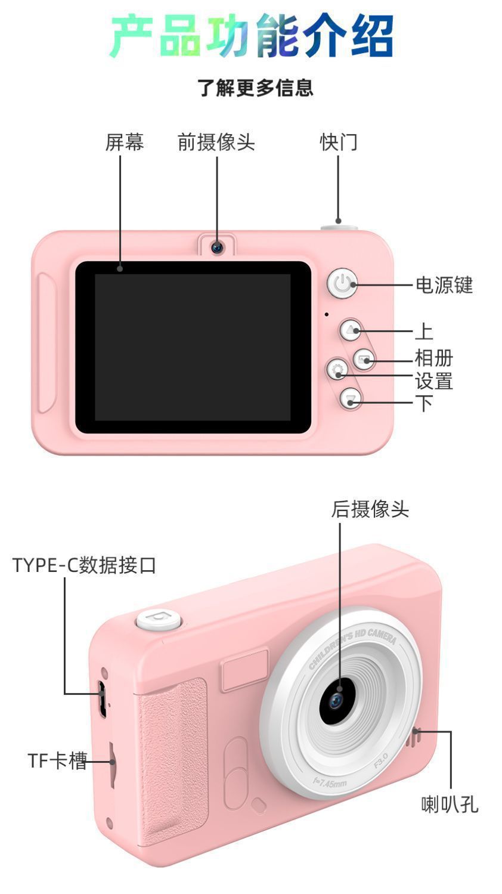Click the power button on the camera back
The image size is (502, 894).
click(x=342, y=283)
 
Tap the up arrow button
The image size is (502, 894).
click(x=351, y=330)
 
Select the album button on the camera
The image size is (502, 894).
click(x=364, y=359)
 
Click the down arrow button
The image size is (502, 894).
click(x=351, y=398)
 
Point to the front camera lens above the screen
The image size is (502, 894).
click(x=217, y=246)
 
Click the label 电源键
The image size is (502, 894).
click(x=444, y=285)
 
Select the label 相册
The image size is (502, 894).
click(x=433, y=358)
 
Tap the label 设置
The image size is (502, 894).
click(x=433, y=381)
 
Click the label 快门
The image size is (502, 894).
click(x=338, y=142)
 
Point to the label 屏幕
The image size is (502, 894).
click(x=125, y=142)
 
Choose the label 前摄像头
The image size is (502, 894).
click(x=216, y=142)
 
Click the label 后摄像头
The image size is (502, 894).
click(x=370, y=509)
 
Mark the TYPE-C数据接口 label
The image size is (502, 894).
click(x=84, y=564)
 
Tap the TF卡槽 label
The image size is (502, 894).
click(x=57, y=760)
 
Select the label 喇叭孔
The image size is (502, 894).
click(x=450, y=805)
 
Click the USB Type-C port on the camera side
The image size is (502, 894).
click(x=103, y=698)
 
